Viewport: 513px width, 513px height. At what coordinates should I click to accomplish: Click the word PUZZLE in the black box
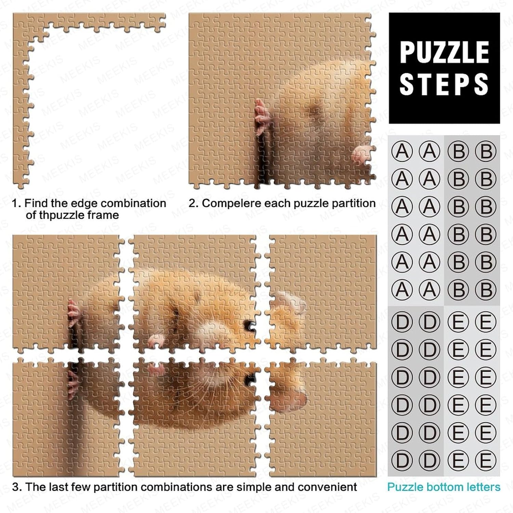pos(444,52)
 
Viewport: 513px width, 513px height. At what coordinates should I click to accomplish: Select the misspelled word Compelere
pos(232,203)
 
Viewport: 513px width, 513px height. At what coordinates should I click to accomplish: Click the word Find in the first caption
pos(36,203)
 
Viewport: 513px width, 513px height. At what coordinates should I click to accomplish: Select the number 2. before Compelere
pos(194,203)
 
